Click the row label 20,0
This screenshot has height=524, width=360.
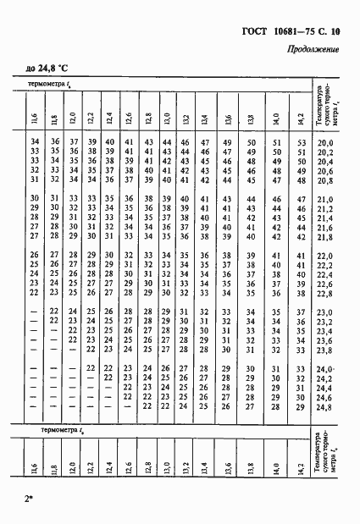pos(325,144)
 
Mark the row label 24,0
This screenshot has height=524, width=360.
pos(325,369)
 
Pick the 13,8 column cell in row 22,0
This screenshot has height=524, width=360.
pos(250,256)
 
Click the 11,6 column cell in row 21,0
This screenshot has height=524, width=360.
pos(35,200)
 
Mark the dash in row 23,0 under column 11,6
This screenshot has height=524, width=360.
pos(35,312)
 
